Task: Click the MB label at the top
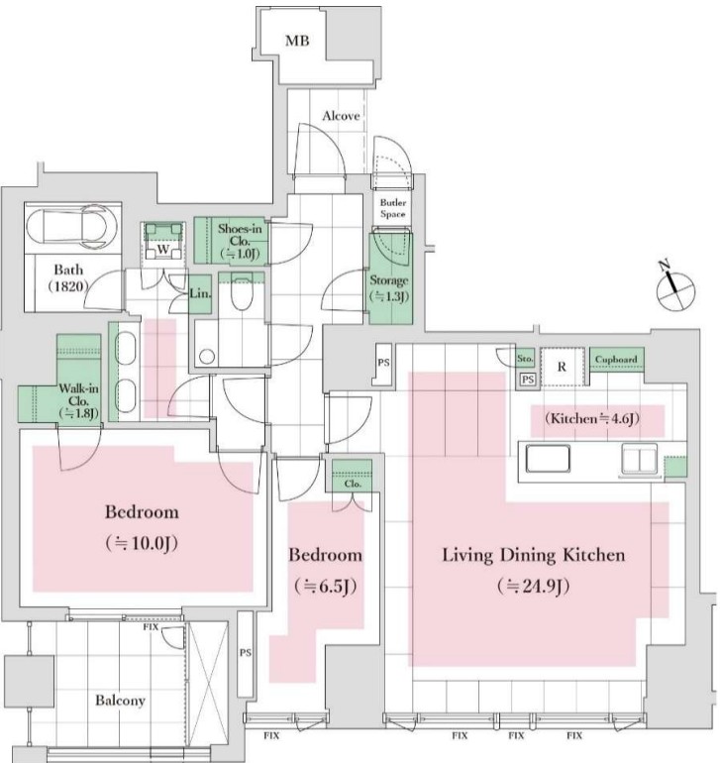click(x=297, y=41)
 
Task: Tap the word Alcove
click(x=341, y=116)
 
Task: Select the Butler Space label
click(x=392, y=208)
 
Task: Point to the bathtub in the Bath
click(x=72, y=227)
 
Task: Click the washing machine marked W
click(x=163, y=242)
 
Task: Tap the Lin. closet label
click(x=200, y=293)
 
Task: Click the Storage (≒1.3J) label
click(x=388, y=288)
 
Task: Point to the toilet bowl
click(x=242, y=292)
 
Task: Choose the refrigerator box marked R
click(x=562, y=367)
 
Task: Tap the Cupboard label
click(x=616, y=360)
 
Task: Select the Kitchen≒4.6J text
click(x=592, y=418)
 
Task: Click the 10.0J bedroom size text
click(x=142, y=543)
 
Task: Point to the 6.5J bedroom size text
click(x=326, y=586)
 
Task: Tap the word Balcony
click(x=120, y=701)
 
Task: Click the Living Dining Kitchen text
click(x=533, y=555)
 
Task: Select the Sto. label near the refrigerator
click(x=525, y=359)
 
